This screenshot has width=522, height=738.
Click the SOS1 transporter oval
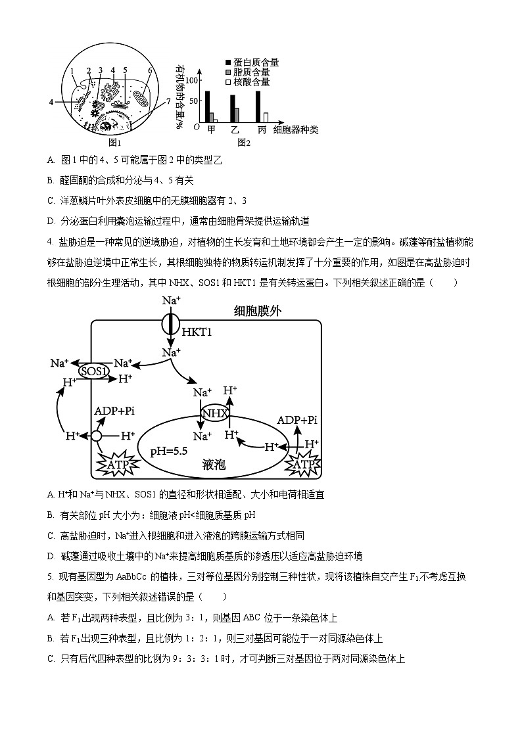click(x=93, y=371)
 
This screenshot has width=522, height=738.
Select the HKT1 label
click(x=197, y=333)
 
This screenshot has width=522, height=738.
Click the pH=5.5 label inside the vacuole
click(x=169, y=451)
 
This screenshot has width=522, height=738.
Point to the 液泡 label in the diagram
click(x=214, y=465)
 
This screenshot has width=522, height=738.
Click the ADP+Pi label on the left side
click(x=114, y=411)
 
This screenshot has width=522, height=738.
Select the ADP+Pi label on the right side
click(x=297, y=420)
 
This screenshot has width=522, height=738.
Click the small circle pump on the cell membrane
click(x=97, y=436)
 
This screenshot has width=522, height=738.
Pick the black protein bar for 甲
click(x=207, y=106)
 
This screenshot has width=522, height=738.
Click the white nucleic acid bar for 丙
click(x=266, y=117)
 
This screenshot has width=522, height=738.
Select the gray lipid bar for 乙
click(x=237, y=115)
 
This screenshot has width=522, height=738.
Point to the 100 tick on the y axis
click(x=192, y=80)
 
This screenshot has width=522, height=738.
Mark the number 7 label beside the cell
click(x=168, y=101)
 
